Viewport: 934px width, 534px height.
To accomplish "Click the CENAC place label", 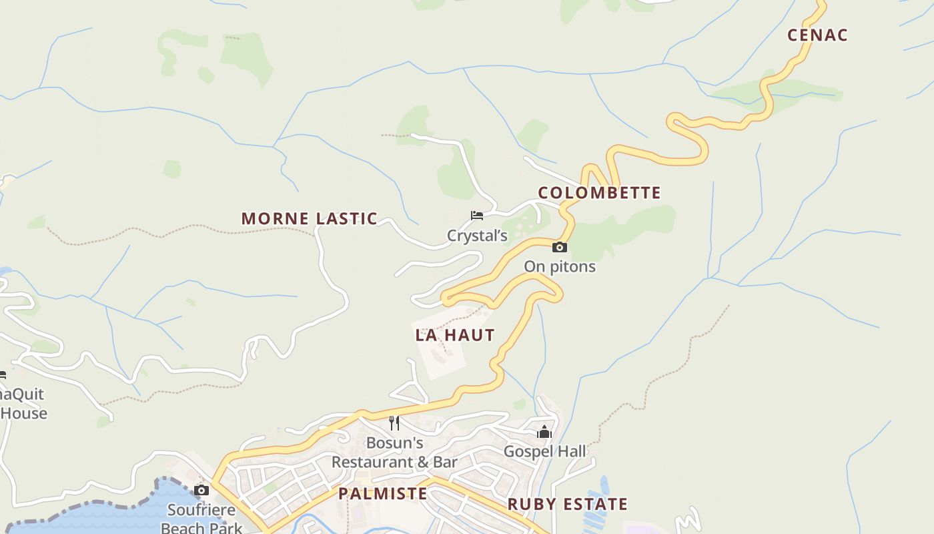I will [817, 35].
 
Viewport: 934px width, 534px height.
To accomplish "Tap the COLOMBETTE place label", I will [599, 193].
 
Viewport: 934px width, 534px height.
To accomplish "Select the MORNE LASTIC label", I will [309, 218].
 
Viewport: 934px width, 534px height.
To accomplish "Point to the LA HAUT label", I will [455, 335].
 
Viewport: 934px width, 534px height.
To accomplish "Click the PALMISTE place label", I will [382, 493].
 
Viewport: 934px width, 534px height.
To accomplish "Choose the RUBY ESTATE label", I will [568, 504].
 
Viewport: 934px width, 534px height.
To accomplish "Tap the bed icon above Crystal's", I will [476, 215].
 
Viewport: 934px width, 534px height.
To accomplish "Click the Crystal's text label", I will [477, 236].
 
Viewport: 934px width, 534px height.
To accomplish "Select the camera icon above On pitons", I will [559, 248].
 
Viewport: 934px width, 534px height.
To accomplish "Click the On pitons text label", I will [559, 266].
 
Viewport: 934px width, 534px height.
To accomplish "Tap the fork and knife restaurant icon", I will [394, 423].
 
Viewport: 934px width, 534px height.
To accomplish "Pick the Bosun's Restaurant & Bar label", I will [394, 453].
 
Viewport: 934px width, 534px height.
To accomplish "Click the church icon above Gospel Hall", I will [544, 432].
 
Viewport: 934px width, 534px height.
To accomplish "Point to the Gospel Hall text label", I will [544, 451].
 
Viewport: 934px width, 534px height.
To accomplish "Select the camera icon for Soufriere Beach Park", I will [201, 491].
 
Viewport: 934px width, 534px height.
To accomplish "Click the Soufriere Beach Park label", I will [201, 519].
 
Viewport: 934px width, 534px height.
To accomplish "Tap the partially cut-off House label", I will [24, 413].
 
